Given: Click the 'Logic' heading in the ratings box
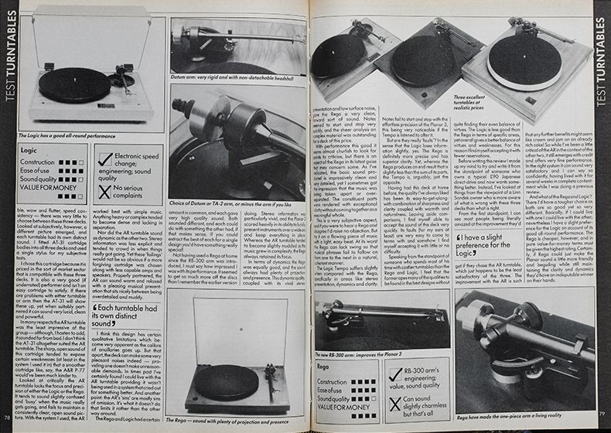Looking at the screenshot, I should click(29, 149).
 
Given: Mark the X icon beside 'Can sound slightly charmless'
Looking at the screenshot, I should click(397, 402).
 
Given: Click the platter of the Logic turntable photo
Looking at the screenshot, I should click(73, 84).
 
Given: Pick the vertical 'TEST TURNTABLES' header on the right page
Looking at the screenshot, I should click(602, 54).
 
